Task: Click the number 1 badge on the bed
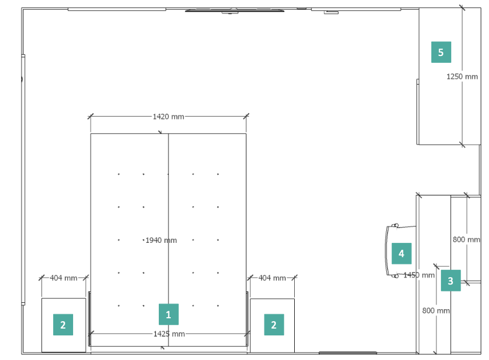pyautogui.click(x=169, y=314)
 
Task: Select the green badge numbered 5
pyautogui.click(x=441, y=52)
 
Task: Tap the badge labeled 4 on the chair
pyautogui.click(x=402, y=253)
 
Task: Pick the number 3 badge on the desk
pyautogui.click(x=451, y=281)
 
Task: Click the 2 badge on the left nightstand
pyautogui.click(x=63, y=325)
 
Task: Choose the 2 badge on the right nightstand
pyautogui.click(x=274, y=325)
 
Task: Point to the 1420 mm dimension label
pyautogui.click(x=169, y=117)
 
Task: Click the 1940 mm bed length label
pyautogui.click(x=161, y=240)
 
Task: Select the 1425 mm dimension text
pyautogui.click(x=169, y=334)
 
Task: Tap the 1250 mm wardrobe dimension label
pyautogui.click(x=462, y=77)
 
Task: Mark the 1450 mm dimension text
pyautogui.click(x=419, y=275)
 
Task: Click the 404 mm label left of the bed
pyautogui.click(x=63, y=278)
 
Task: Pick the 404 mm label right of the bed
pyautogui.click(x=272, y=278)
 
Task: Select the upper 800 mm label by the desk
pyautogui.click(x=467, y=239)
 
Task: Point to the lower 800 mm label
pyautogui.click(x=436, y=311)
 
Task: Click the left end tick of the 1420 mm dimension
pyautogui.click(x=90, y=117)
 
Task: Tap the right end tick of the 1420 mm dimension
pyautogui.click(x=246, y=117)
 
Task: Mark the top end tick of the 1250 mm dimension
pyautogui.click(x=462, y=8)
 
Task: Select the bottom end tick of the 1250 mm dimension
pyautogui.click(x=462, y=145)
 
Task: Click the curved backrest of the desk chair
pyautogui.click(x=386, y=250)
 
